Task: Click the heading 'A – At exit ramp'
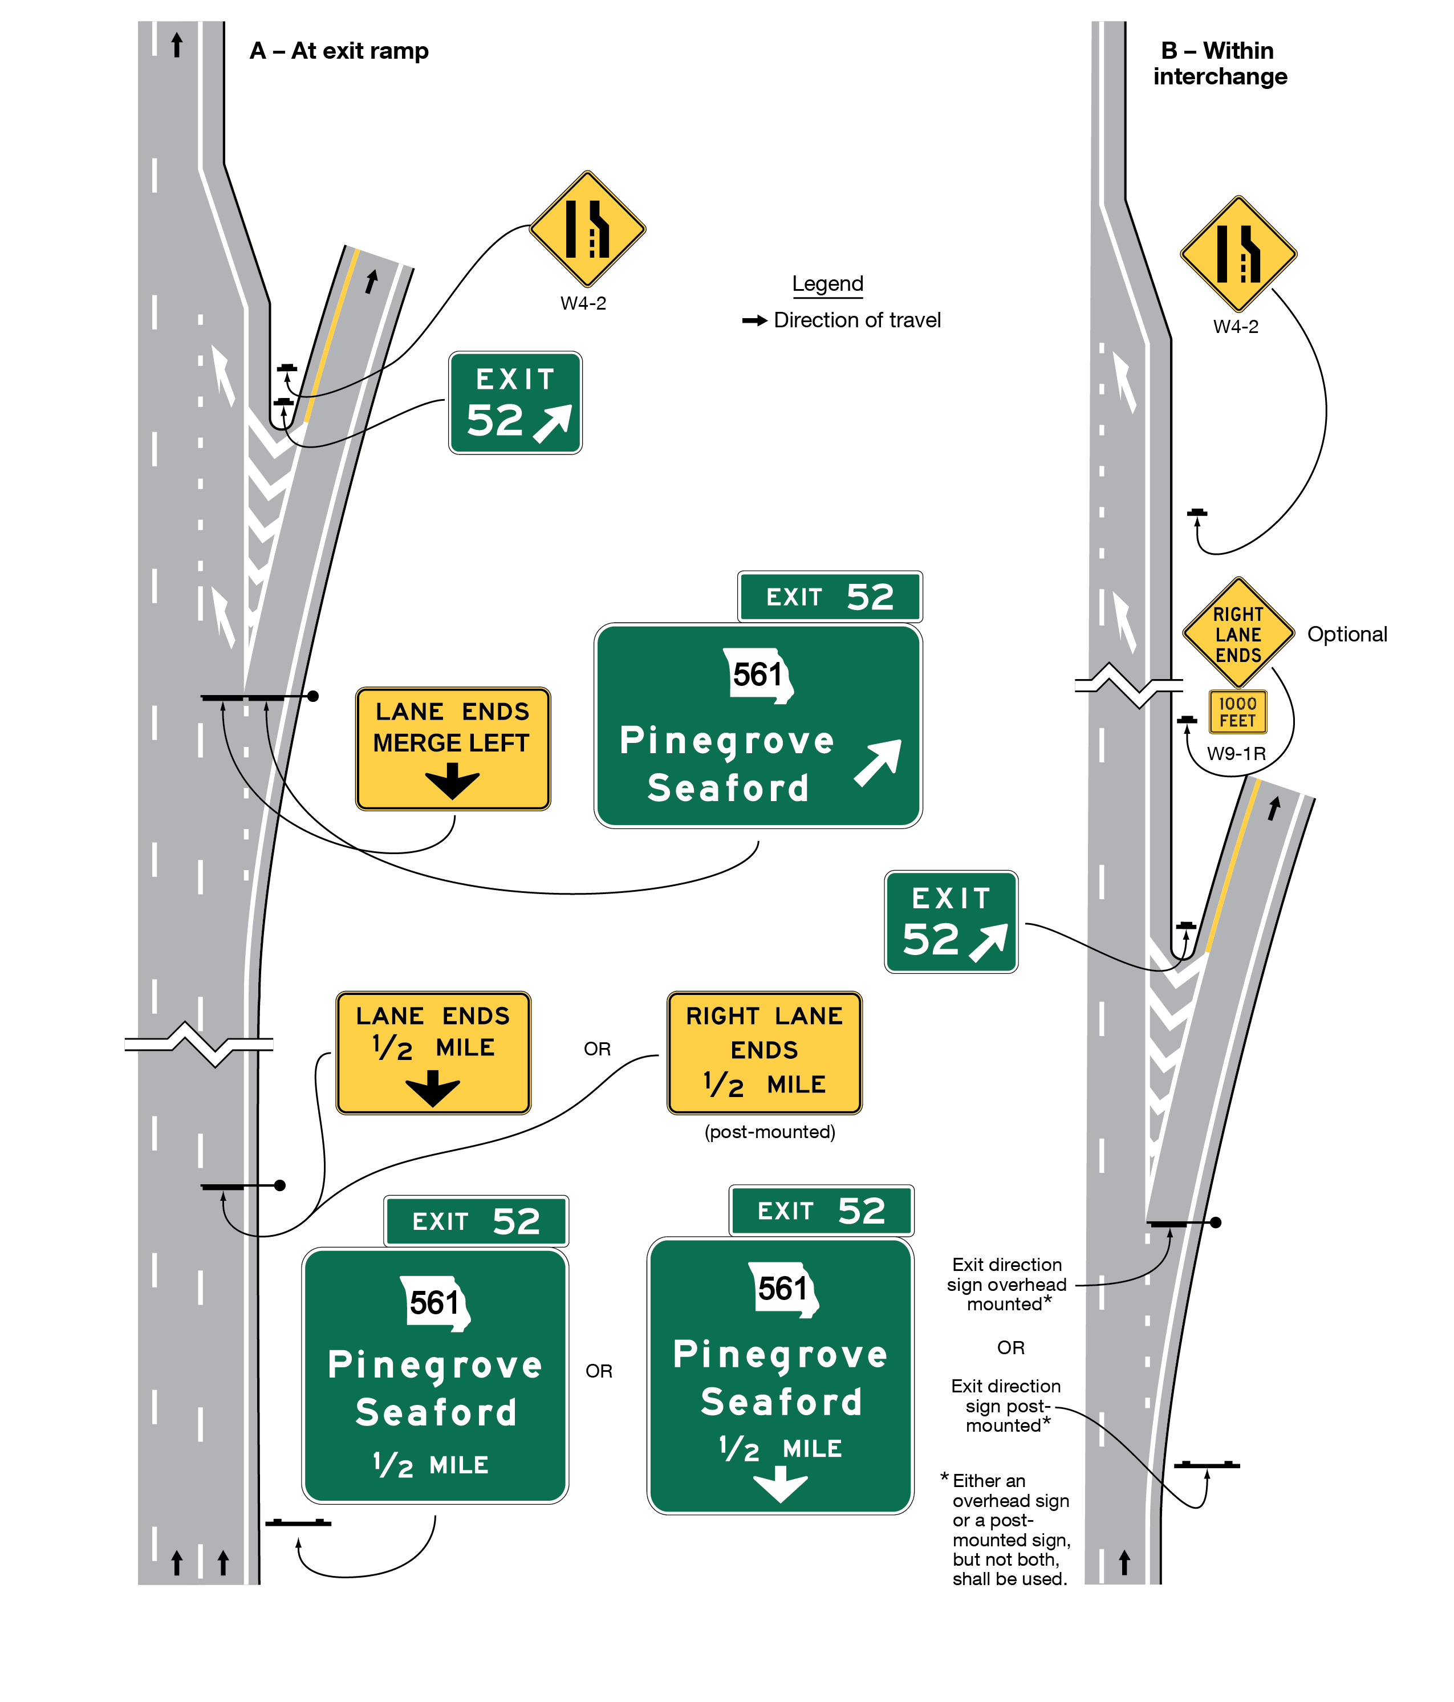(339, 51)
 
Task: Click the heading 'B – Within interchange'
(1219, 63)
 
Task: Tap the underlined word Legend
(827, 283)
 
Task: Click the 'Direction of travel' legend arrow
(754, 320)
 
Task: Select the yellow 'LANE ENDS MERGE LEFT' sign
(453, 748)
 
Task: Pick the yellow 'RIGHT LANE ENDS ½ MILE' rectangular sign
(764, 1052)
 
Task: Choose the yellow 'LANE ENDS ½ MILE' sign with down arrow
(433, 1052)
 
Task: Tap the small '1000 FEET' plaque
(1238, 712)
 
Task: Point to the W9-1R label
(1236, 753)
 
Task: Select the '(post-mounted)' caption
(770, 1132)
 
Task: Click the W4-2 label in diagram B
(1236, 326)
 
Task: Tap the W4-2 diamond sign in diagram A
(587, 228)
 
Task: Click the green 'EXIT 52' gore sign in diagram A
(515, 403)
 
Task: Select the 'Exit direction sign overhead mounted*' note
(1006, 1284)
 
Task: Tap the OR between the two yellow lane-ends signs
(597, 1049)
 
